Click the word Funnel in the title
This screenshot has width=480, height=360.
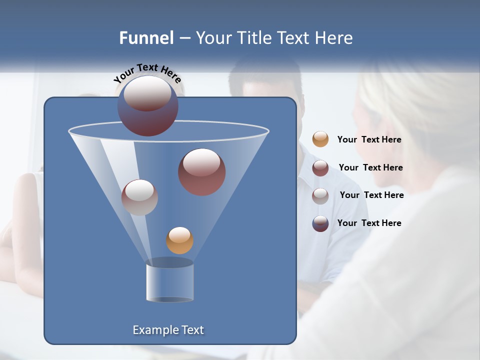tap(146, 38)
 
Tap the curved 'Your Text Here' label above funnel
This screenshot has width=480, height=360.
tap(147, 73)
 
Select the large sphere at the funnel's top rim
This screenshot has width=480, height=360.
tap(148, 105)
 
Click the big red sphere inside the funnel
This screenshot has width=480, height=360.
tap(201, 171)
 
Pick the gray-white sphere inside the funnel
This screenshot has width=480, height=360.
tap(139, 197)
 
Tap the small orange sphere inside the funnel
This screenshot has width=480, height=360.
tap(179, 240)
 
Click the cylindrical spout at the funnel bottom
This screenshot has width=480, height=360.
tap(170, 281)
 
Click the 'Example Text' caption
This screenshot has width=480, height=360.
tap(168, 330)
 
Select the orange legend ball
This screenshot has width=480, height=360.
tap(320, 139)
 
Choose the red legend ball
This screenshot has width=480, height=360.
tap(320, 168)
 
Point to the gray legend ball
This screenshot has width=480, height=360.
tap(320, 195)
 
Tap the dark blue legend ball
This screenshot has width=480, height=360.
tap(320, 223)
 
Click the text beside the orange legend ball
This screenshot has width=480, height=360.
tap(369, 140)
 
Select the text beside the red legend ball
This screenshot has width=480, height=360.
tap(370, 168)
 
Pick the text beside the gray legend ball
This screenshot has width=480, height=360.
tap(371, 195)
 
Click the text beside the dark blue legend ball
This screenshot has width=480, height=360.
tap(369, 223)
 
